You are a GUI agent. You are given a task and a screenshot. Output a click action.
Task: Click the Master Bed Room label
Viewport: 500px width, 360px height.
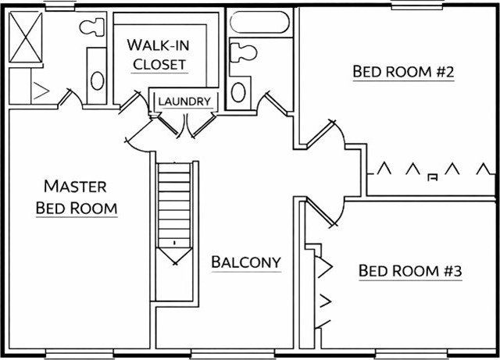[77, 197]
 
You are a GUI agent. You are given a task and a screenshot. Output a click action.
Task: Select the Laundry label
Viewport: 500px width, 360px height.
[184, 102]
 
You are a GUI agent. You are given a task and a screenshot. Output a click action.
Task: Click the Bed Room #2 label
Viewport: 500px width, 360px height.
[403, 71]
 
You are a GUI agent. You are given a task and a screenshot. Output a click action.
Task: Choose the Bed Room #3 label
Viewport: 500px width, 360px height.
[410, 271]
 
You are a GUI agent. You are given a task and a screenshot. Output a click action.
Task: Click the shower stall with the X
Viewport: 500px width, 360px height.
[26, 37]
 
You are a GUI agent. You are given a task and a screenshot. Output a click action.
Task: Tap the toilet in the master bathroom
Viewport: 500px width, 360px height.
[92, 27]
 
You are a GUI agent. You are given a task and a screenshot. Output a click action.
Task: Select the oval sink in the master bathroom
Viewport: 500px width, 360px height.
[97, 80]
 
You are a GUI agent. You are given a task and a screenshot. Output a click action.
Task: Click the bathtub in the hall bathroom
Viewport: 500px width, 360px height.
[259, 23]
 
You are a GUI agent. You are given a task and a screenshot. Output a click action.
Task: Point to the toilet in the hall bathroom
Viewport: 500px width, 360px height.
[243, 52]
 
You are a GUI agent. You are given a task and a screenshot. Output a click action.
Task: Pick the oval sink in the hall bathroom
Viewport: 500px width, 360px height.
[238, 92]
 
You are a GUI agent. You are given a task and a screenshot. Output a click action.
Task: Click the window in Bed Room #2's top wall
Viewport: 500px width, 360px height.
[417, 5]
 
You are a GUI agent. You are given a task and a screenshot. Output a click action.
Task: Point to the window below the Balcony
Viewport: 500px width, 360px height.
[233, 354]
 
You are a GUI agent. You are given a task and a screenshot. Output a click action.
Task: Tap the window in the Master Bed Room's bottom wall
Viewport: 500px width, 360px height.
[79, 354]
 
